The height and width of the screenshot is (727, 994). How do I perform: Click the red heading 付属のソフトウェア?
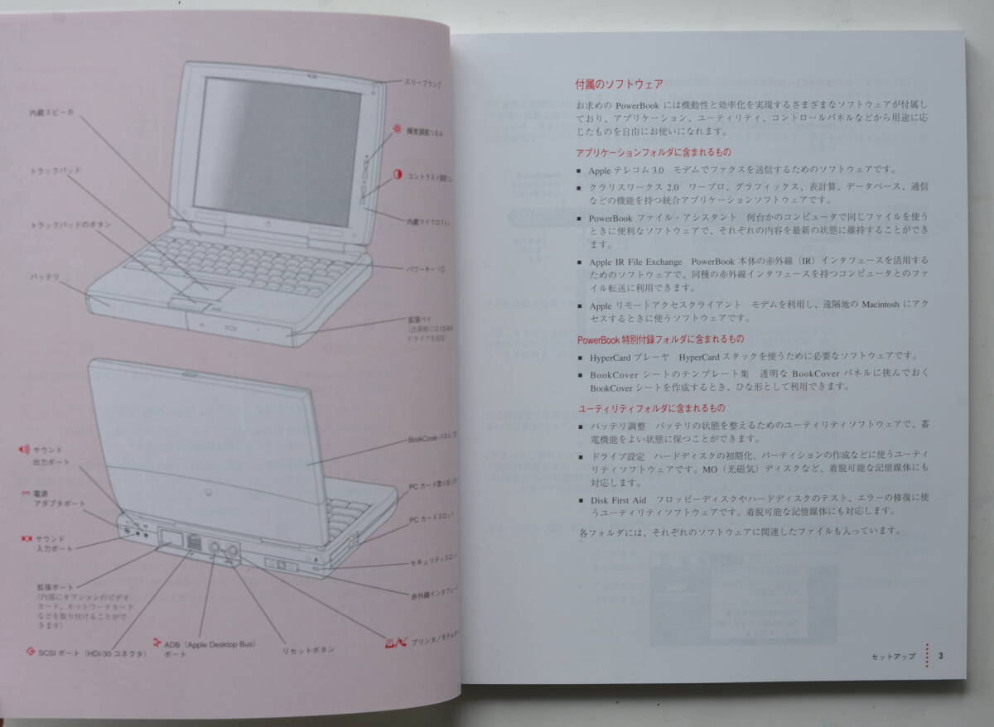[619, 84]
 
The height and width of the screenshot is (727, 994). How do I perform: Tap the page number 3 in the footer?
[941, 657]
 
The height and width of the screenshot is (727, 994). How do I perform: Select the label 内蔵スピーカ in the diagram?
[51, 113]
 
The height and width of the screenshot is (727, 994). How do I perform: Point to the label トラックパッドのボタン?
[70, 225]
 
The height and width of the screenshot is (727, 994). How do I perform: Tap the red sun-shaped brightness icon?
[398, 129]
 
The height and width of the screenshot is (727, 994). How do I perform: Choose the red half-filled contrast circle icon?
[398, 176]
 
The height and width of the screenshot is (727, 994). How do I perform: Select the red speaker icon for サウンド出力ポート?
[23, 450]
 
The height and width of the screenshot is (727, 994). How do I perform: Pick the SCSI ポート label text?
[91, 653]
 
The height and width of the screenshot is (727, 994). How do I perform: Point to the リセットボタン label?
[308, 650]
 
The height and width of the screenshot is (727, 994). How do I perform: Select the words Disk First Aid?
[617, 499]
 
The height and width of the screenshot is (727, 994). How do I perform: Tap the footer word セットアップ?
[893, 657]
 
